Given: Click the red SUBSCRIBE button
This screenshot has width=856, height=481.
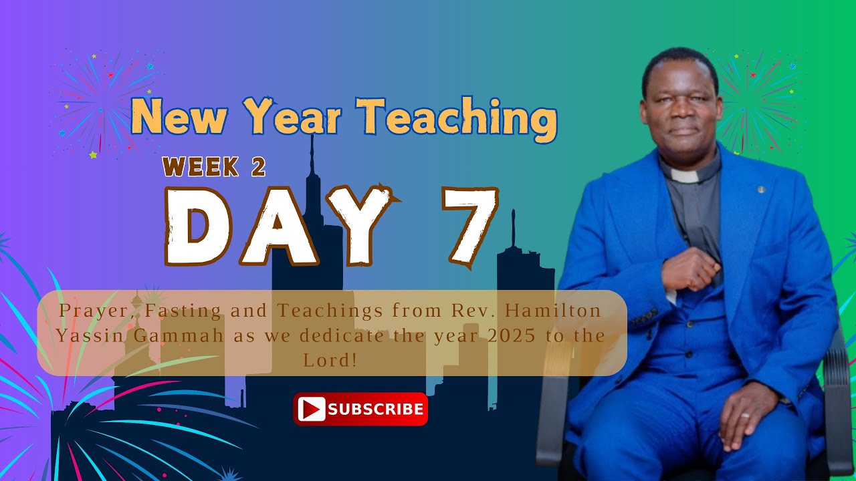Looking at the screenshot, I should [360, 409].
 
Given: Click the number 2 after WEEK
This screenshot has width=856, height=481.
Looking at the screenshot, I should [258, 167].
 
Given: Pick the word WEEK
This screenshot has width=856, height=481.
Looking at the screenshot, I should [201, 167].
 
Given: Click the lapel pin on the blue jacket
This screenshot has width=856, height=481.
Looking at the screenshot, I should [761, 190].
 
